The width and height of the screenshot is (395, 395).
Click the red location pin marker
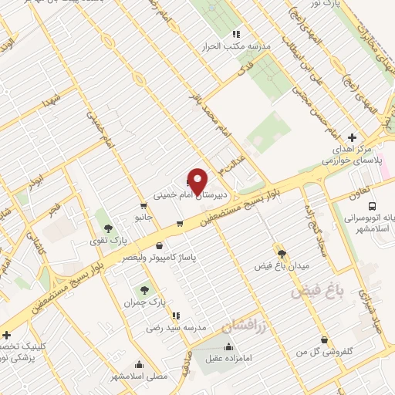click(x=198, y=181)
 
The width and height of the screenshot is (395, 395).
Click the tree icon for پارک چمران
click(x=144, y=290)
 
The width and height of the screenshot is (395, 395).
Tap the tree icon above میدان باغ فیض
click(x=282, y=253)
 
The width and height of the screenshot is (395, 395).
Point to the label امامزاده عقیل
click(x=224, y=357)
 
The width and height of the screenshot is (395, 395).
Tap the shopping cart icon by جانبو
click(x=143, y=206)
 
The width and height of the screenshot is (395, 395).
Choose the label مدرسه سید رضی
click(x=177, y=328)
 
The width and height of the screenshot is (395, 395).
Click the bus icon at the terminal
click(x=373, y=207)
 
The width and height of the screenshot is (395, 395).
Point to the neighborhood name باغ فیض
click(x=319, y=292)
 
